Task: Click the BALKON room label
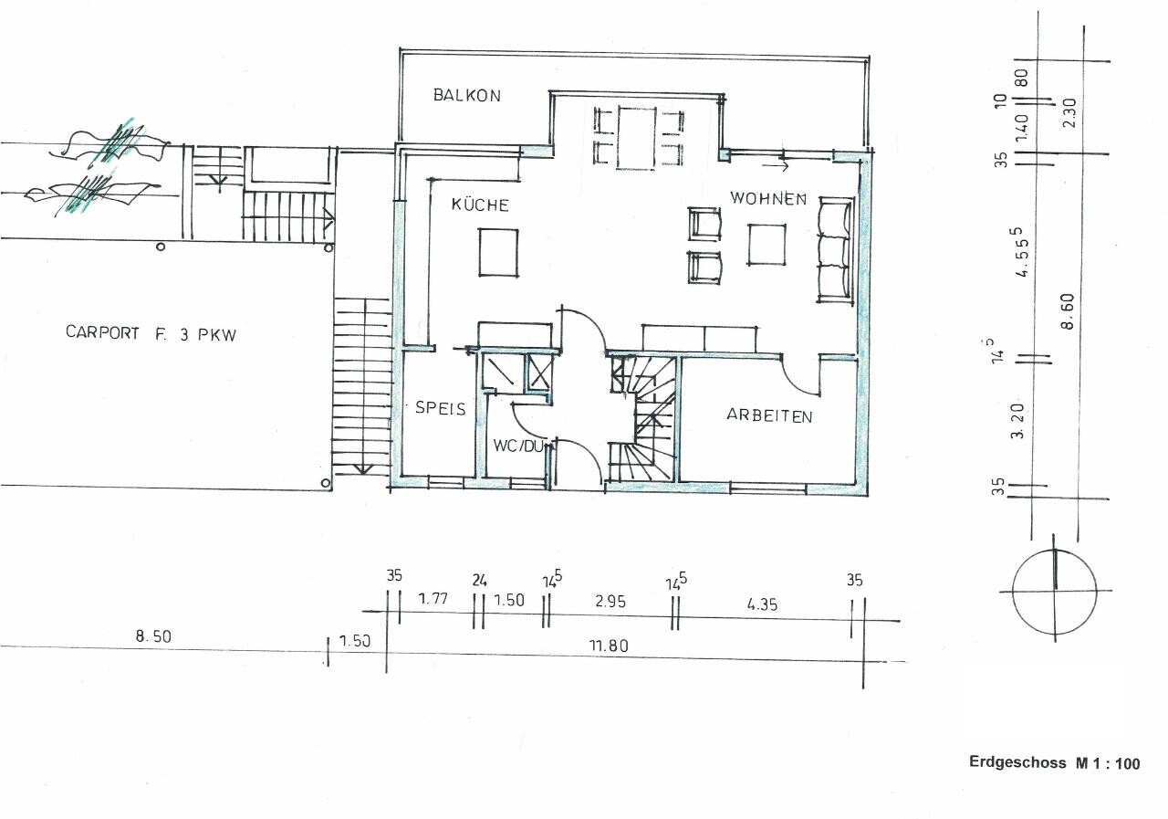coord(466,95)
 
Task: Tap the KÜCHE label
coord(480,205)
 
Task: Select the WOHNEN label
coord(768,198)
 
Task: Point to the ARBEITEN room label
coord(769,415)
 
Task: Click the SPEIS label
coord(440,407)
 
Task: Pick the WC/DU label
coord(518,446)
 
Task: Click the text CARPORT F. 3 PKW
coord(151,333)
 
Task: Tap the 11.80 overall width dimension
coord(609,646)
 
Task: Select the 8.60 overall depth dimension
coord(1068,311)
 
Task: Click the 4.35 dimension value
coord(762,604)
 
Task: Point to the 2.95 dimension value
coord(610,602)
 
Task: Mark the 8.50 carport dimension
coord(153,636)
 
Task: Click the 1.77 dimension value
coord(433,598)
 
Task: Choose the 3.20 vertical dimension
coord(1017,420)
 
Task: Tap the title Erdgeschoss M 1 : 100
coord(1054,762)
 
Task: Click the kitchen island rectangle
coord(498,253)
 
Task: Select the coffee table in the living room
coord(766,246)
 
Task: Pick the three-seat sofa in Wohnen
coord(836,250)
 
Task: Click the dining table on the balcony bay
coord(636,138)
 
